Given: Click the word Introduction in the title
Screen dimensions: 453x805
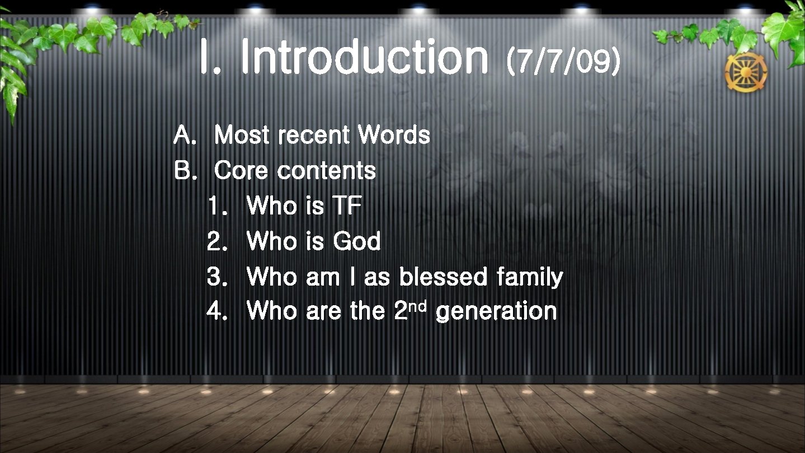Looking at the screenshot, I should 365,58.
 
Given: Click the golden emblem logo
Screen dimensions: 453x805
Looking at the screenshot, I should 746,72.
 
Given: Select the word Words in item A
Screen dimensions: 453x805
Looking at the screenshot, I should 394,135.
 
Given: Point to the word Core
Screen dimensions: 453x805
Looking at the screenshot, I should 242,170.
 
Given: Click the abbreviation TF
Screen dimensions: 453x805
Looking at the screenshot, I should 347,206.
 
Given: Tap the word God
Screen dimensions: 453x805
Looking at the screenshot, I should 357,241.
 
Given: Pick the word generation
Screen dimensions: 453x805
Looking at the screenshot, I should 496,312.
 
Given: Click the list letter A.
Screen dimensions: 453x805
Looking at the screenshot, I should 183,135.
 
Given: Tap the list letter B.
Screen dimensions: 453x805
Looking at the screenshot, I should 183,170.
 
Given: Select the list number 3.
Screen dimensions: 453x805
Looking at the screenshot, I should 215,276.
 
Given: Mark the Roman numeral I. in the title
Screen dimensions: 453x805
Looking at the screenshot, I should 210,58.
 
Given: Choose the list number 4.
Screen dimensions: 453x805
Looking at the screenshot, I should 215,311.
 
